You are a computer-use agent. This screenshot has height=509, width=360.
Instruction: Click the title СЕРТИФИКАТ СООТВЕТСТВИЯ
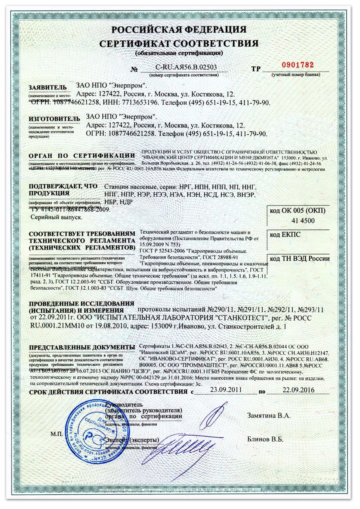(x=179, y=43)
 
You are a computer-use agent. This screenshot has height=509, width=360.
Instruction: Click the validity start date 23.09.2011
(x=226, y=390)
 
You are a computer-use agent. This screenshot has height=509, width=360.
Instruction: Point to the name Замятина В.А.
(x=269, y=416)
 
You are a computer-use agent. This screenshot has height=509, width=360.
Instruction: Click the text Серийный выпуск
(x=56, y=217)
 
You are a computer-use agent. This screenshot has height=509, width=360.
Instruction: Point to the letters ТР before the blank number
(x=255, y=69)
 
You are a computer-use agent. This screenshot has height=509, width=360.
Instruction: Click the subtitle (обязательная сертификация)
(x=179, y=53)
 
